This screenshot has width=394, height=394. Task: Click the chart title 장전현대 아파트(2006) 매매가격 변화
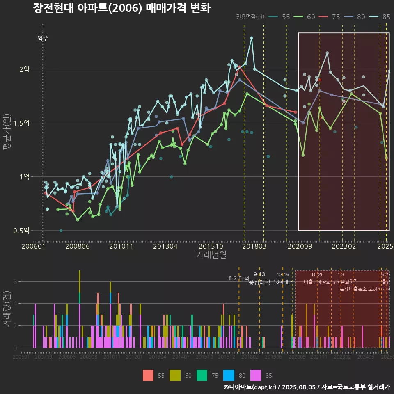tap(121, 8)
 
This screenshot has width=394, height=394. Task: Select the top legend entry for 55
tap(281, 17)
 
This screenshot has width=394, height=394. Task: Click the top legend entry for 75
tap(331, 17)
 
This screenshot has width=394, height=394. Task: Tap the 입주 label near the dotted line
tap(43, 39)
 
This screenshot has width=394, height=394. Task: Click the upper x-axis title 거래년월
tap(211, 255)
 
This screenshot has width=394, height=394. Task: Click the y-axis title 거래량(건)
tap(7, 309)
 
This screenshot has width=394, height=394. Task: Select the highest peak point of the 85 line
tap(252, 38)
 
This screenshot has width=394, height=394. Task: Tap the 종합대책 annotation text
tap(259, 282)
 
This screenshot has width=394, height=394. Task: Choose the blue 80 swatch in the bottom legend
tap(229, 375)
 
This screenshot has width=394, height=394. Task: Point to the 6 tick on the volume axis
tap(15, 282)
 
